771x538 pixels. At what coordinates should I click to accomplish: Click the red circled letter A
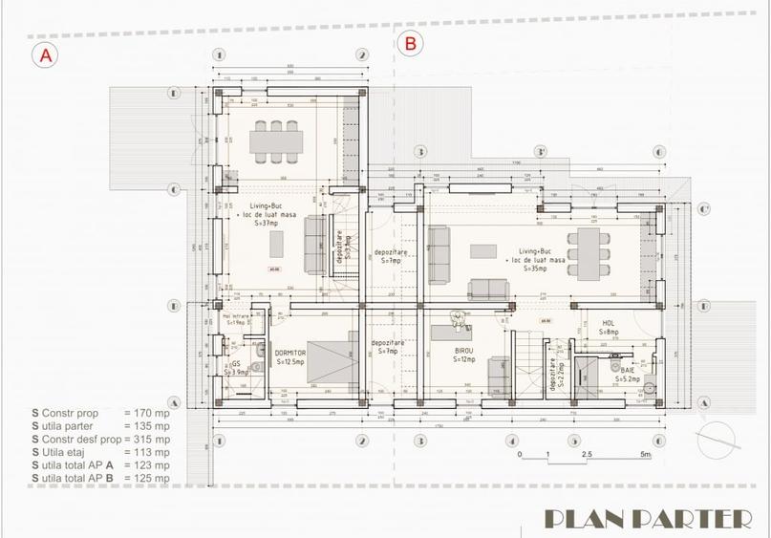point(44,55)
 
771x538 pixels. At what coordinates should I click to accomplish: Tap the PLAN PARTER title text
point(646,518)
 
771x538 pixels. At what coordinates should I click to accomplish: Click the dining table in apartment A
point(277,141)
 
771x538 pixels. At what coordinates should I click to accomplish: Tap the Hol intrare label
point(235,320)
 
